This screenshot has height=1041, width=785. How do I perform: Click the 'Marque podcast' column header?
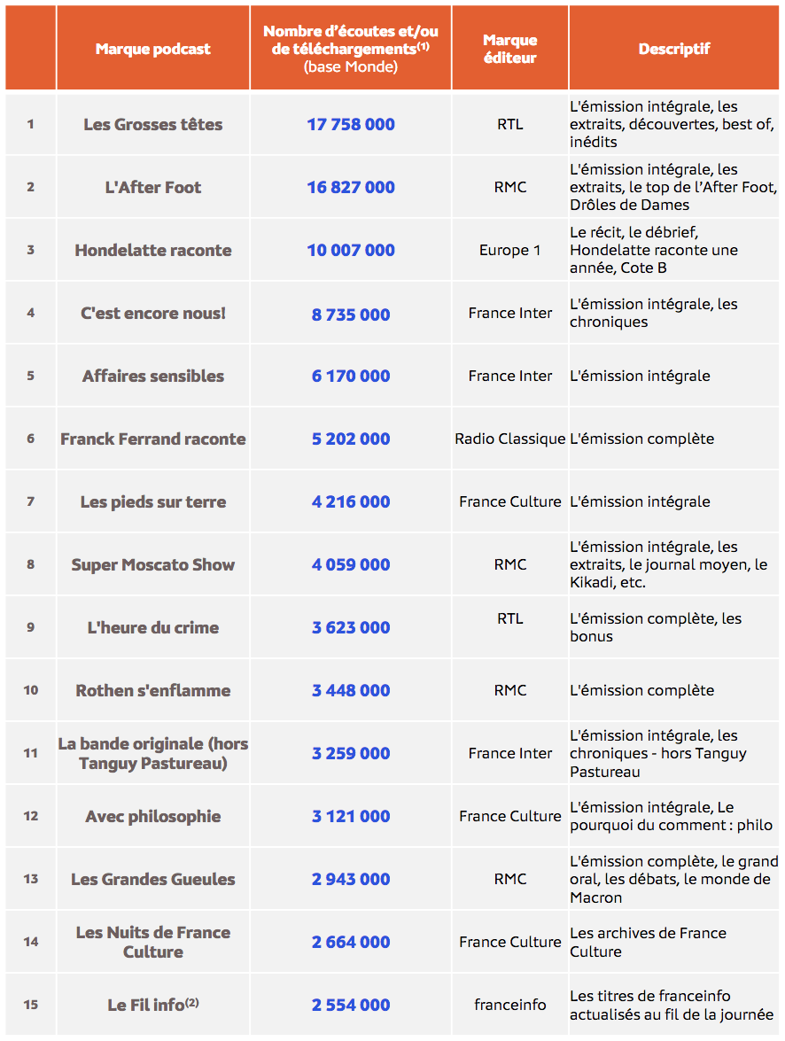click(152, 49)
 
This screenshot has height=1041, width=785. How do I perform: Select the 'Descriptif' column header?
click(674, 49)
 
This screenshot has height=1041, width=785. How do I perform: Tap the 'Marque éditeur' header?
click(509, 49)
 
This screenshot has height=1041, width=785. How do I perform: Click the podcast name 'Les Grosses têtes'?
click(152, 124)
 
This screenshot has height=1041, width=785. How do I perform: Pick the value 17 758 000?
click(351, 124)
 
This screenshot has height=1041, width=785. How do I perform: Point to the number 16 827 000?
click(351, 187)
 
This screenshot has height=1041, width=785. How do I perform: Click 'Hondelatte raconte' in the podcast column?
click(152, 250)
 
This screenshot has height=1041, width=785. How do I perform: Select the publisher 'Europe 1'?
click(509, 250)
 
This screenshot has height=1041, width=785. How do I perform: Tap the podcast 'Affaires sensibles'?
click(152, 376)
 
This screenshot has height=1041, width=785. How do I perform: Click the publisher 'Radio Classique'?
click(509, 439)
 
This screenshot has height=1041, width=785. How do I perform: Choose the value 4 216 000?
click(351, 501)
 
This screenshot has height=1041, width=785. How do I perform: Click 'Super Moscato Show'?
click(152, 564)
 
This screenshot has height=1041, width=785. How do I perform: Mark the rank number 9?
click(30, 627)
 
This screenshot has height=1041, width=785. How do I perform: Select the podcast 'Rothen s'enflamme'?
click(152, 690)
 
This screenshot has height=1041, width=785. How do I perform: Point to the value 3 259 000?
click(351, 753)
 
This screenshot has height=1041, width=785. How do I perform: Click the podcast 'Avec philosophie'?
click(152, 816)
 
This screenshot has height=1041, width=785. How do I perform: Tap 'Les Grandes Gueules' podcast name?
click(152, 879)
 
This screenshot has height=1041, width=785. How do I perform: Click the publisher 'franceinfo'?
click(509, 1005)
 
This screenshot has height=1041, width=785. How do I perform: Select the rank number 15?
click(30, 1005)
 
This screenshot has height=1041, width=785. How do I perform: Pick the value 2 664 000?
click(351, 942)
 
